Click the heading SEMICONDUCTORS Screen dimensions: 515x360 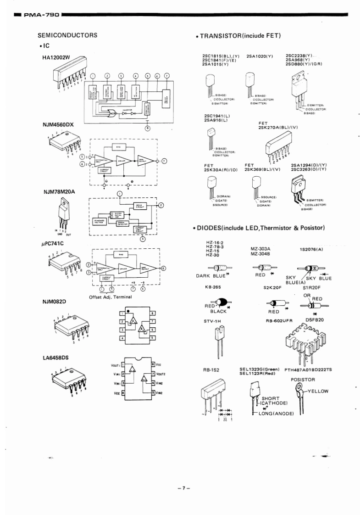68,35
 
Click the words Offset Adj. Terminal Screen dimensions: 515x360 111,297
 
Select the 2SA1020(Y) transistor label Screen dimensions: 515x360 260,56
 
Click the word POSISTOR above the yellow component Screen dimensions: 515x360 303,380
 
